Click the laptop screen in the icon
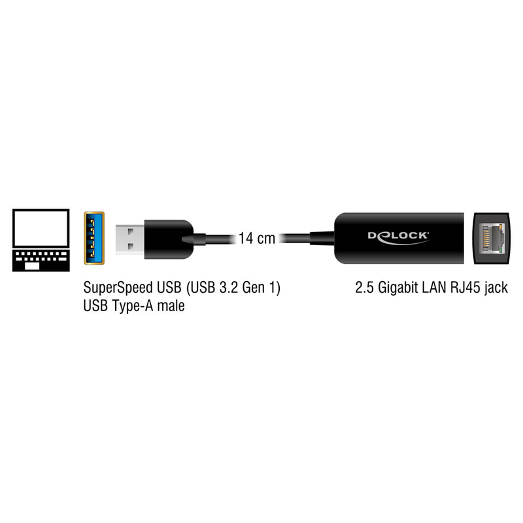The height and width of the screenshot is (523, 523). pos(41,228)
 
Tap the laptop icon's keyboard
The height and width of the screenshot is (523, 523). pos(41,260)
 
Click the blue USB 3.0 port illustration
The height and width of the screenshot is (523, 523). pos(94,238)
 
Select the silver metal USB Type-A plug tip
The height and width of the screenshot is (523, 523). pos(130,239)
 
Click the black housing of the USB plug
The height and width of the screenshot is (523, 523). pos(169,239)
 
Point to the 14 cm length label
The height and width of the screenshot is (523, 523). pos(256,238)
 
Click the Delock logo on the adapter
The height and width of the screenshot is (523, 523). pos(398,237)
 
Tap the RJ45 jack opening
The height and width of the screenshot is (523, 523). pos(492,239)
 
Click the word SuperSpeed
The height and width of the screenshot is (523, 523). pos(118,288)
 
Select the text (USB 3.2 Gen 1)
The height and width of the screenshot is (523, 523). pos(233,288)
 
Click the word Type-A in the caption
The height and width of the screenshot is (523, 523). pos(132,306)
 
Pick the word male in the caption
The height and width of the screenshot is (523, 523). pos(171,306)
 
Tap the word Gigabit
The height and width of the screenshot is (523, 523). pos(397,288)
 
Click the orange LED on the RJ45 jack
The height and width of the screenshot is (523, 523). pos(499,228)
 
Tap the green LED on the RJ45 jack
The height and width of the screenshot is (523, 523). pos(499,249)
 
